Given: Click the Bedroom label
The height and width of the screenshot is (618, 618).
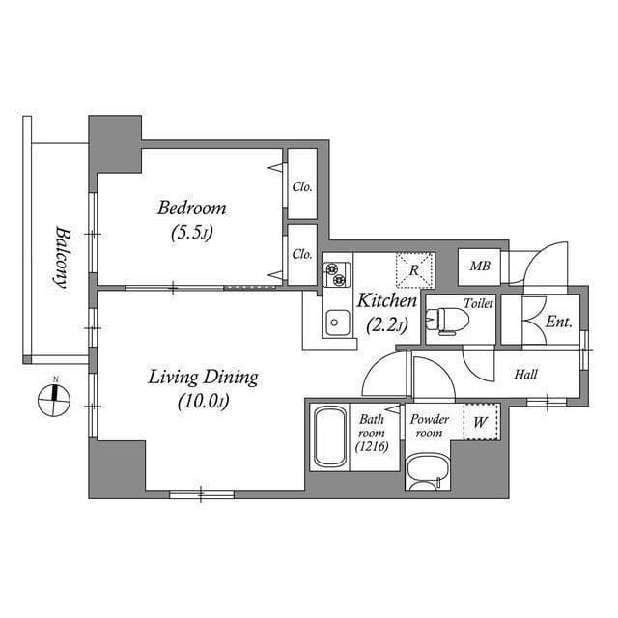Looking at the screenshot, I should tap(192, 208).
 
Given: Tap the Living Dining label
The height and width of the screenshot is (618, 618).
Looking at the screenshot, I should tap(203, 376).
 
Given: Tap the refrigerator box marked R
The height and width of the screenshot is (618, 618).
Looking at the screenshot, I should tap(414, 269).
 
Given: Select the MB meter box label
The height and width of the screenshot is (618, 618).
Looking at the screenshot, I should tap(478, 267).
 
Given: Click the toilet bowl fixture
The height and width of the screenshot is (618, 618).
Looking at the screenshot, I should tap(445, 321).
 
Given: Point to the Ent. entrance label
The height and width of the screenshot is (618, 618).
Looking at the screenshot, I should tap(558, 322).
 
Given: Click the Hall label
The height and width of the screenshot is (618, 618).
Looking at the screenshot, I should tap(525, 375).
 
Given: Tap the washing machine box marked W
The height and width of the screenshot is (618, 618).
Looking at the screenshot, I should tap(480, 421).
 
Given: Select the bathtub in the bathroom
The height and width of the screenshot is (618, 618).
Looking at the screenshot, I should tap(330, 436).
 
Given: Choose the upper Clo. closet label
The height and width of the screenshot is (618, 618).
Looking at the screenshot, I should tap(302, 186).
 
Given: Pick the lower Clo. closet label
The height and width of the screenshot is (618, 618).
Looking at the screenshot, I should tap(302, 254).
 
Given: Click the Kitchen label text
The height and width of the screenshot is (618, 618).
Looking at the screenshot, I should tap(387, 301).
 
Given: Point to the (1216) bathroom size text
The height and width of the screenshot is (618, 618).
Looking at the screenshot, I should tap(372, 446).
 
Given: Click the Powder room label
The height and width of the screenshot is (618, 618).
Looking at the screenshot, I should tap(429, 426).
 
